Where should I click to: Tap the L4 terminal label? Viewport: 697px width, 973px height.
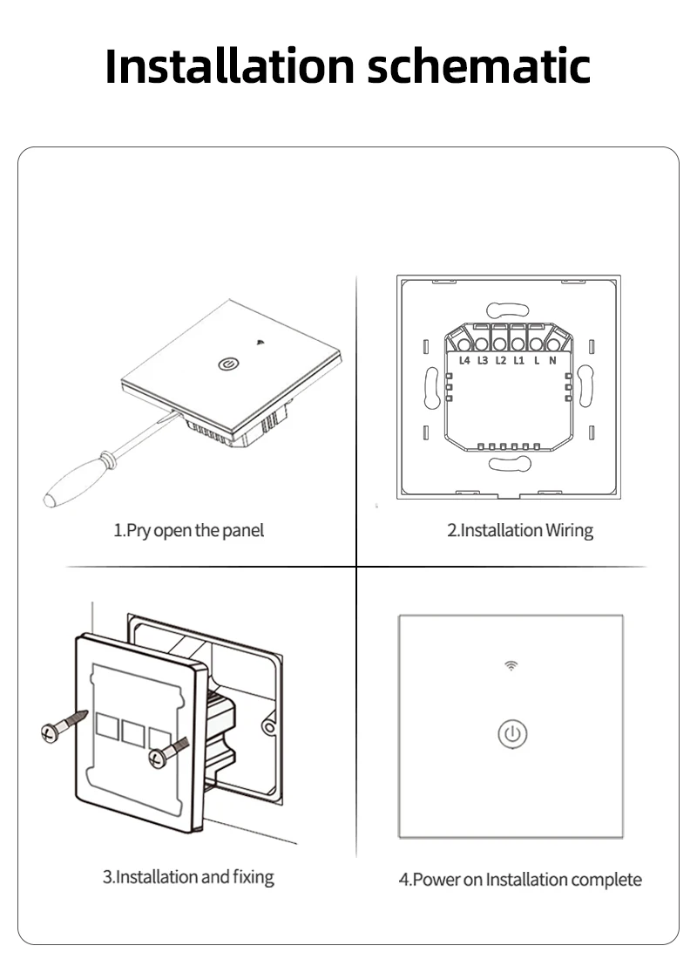(464, 359)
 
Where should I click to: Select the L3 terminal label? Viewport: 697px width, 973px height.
(483, 359)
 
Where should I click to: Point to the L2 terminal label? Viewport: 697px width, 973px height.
(500, 359)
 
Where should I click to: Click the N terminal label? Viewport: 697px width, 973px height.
(552, 359)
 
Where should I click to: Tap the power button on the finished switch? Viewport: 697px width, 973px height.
(512, 734)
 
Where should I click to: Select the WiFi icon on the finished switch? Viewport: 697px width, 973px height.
(511, 666)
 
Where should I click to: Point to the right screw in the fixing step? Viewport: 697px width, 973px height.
(168, 752)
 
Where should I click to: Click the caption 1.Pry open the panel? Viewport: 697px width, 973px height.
(188, 530)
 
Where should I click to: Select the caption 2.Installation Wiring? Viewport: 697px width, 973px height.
(520, 530)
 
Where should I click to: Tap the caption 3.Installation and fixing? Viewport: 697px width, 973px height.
(188, 876)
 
